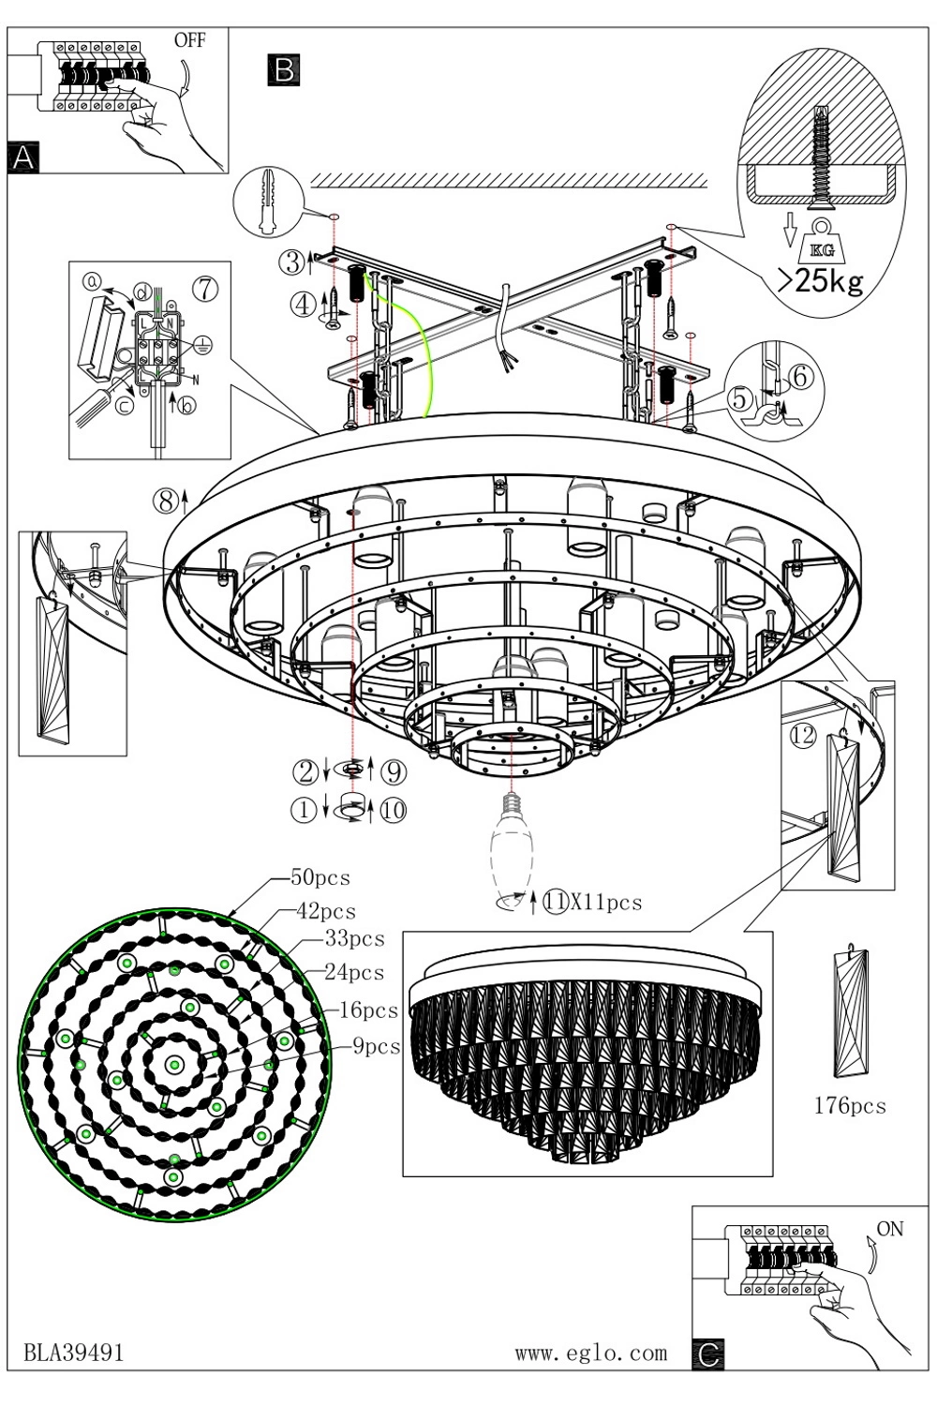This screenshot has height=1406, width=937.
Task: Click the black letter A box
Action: click(23, 157)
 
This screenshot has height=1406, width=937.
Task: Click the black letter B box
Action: click(284, 69)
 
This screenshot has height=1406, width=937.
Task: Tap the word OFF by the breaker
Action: click(189, 41)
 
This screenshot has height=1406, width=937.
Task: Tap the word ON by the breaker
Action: click(890, 1228)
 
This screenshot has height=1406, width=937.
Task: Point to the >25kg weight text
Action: click(820, 282)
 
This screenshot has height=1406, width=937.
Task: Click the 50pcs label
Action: click(320, 877)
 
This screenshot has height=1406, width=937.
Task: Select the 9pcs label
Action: click(376, 1046)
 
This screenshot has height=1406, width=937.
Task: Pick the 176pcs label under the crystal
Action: click(850, 1123)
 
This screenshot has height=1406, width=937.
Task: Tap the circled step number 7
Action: click(205, 289)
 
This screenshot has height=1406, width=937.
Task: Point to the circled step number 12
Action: click(803, 735)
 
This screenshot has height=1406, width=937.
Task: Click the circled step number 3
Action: click(291, 262)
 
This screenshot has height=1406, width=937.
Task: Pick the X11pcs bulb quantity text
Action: click(605, 903)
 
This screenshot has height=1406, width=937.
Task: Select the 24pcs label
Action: click(354, 972)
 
